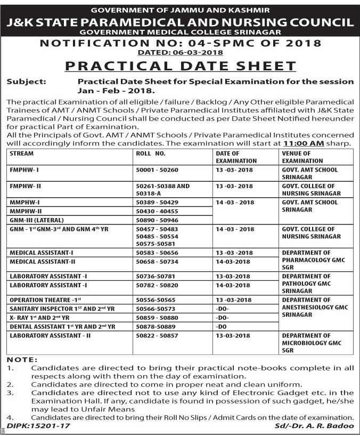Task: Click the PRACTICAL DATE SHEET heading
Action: [180, 66]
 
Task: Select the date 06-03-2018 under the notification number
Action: [180, 52]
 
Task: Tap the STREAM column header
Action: [22, 154]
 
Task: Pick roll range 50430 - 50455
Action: [157, 211]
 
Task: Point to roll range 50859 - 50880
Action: [157, 317]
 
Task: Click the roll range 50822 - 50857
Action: [157, 335]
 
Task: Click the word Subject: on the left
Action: [26, 82]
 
